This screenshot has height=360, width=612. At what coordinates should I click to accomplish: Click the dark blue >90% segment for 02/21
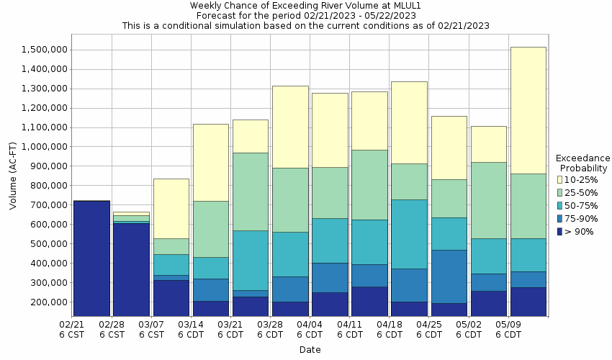pyautogui.click(x=91, y=258)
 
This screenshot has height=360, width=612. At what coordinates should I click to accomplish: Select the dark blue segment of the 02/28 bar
pyautogui.click(x=131, y=270)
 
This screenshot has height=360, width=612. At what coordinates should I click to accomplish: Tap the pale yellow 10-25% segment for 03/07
pyautogui.click(x=171, y=209)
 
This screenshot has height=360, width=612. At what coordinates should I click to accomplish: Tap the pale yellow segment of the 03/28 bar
pyautogui.click(x=290, y=127)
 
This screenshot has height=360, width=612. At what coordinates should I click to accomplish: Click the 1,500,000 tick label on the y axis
pyautogui.click(x=45, y=50)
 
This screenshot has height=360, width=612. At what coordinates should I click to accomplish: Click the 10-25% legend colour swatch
pyautogui.click(x=561, y=179)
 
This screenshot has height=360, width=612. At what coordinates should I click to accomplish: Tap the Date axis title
pyautogui.click(x=310, y=350)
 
